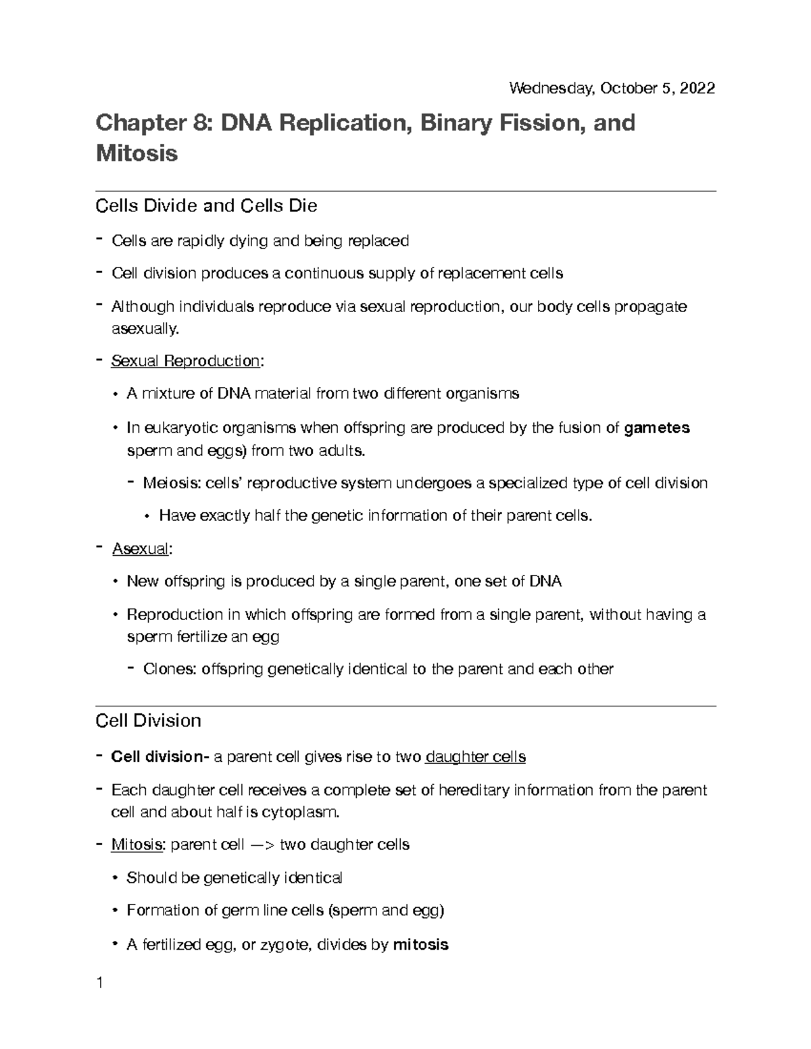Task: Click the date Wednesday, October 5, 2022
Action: pos(612,88)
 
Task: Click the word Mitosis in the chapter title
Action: pos(137,153)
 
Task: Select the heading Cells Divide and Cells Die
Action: pos(206,205)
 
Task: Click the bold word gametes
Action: pos(657,428)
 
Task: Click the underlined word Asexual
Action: pos(140,548)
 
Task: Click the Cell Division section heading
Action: pos(148,721)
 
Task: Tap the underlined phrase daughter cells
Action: pos(475,757)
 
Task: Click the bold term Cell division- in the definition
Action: pos(160,757)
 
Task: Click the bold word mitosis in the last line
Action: pos(420,945)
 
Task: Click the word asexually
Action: pos(145,329)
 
